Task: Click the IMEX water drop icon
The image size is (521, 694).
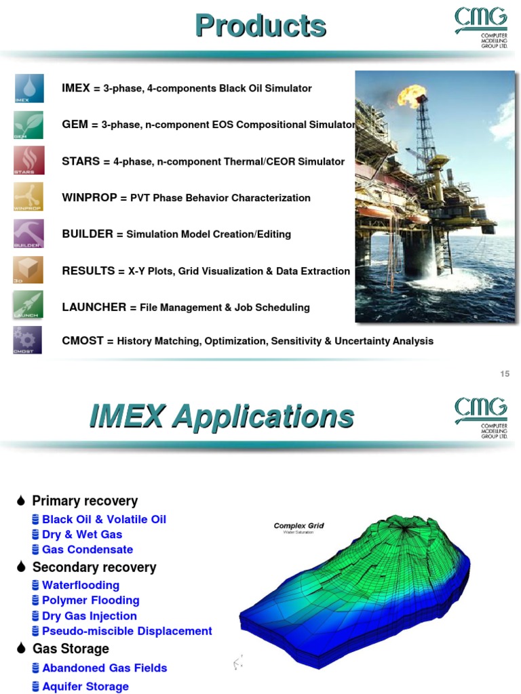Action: pos(28,88)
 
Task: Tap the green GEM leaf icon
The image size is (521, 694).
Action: pos(28,125)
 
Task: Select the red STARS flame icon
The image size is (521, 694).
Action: pos(28,161)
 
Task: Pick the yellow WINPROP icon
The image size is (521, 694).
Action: pos(28,197)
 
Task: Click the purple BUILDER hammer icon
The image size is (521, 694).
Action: pos(28,233)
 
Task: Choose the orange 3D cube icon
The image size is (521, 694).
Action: pos(28,270)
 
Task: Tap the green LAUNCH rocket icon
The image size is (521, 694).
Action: pos(28,305)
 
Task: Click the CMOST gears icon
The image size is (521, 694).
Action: pos(28,340)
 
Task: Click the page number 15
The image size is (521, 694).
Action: pos(505,374)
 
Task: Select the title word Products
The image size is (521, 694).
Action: pos(260,26)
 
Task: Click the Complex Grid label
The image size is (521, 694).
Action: pos(298,525)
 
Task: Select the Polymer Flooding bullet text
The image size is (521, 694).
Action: pos(90,600)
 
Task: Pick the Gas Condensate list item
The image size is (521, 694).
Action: pos(87,550)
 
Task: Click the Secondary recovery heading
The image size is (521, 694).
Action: pos(94,567)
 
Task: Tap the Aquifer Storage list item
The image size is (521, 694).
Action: pos(85,687)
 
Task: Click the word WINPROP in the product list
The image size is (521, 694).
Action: pos(90,198)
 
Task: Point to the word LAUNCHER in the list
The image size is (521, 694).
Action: pos(94,307)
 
